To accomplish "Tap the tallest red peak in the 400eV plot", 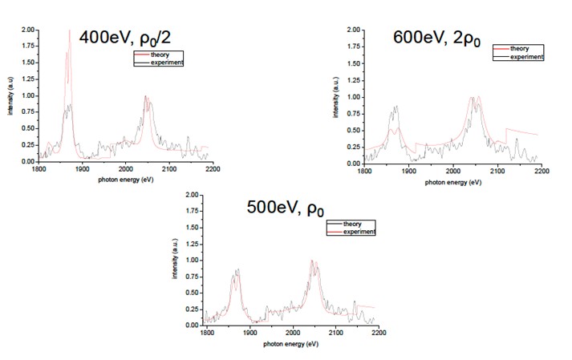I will (70, 32).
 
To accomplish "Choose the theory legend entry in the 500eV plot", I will (347, 224).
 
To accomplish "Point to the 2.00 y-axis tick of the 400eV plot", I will (27, 30).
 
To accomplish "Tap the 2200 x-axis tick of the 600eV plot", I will (542, 170).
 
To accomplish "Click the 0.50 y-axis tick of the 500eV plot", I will (193, 293).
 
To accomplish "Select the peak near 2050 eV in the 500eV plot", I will (313, 261).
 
